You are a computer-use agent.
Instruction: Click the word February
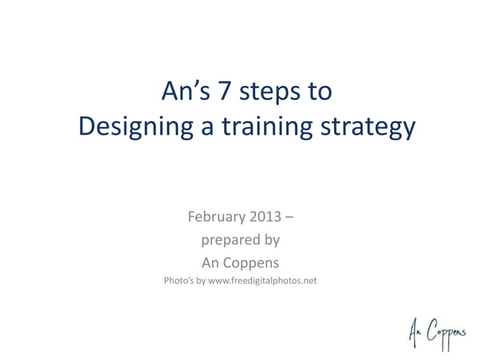click(216, 218)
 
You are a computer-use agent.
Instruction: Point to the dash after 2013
click(290, 218)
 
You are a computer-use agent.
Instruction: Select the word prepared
click(228, 241)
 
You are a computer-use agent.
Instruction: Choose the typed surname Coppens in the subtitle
click(252, 263)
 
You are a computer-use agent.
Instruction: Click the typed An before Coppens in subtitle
click(211, 263)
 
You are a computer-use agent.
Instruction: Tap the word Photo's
click(179, 282)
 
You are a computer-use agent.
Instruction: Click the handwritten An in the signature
click(415, 330)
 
